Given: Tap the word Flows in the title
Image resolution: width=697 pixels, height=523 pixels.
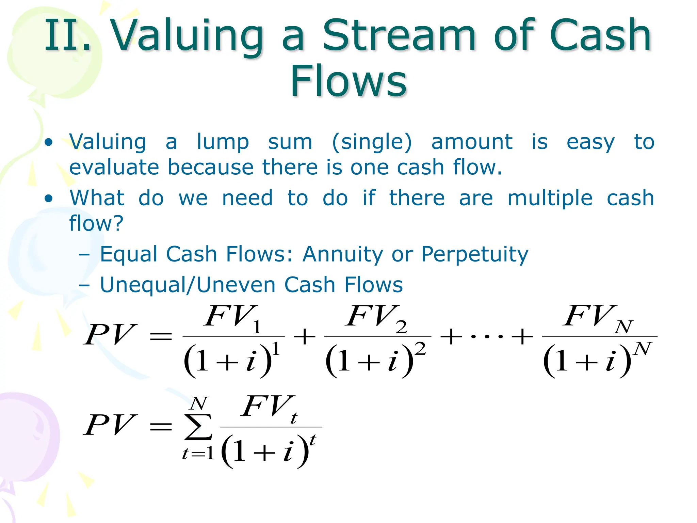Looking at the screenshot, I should [348, 81].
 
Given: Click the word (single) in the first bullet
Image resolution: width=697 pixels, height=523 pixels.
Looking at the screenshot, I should [372, 142].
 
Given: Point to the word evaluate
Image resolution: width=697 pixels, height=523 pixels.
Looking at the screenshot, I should [114, 168].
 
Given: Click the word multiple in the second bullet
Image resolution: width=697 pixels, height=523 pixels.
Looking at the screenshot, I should [550, 199].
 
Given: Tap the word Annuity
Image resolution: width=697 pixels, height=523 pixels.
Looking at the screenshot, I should [342, 254].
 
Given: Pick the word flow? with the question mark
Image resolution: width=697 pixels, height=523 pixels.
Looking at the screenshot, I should [96, 223].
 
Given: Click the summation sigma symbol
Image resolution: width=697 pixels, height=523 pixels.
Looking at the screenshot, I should [198, 427].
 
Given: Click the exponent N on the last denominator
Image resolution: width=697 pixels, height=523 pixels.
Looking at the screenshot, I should [642, 349].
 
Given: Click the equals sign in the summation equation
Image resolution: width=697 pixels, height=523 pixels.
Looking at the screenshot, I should [161, 426].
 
